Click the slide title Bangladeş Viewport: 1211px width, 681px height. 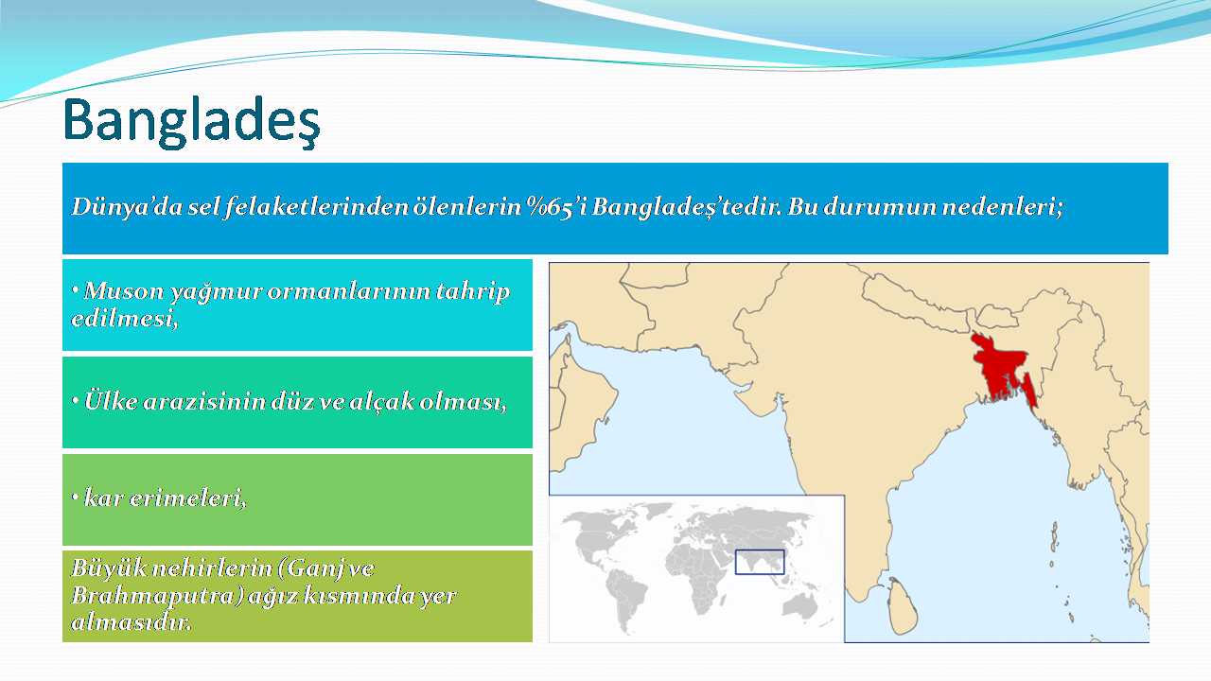tap(192, 121)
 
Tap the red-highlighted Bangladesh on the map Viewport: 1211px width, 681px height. tap(1000, 368)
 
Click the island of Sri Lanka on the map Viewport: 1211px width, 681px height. tap(903, 606)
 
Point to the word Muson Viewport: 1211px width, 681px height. tap(124, 291)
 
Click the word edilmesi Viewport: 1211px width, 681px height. tap(124, 319)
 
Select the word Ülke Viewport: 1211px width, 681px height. tap(111, 402)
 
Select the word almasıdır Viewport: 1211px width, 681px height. tap(132, 622)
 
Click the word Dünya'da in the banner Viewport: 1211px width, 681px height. tap(127, 207)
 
